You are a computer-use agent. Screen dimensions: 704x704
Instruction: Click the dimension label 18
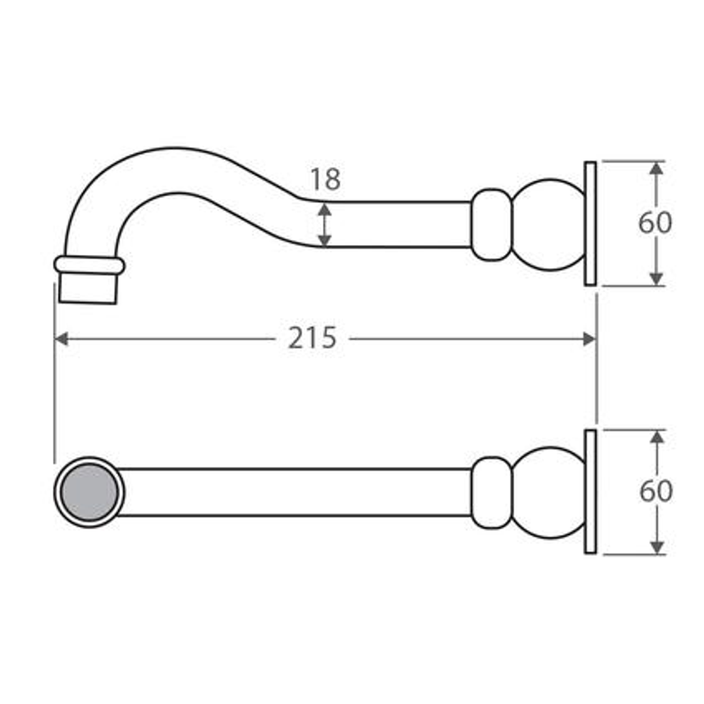click(325, 179)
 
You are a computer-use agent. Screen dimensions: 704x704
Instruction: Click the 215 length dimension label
click(312, 338)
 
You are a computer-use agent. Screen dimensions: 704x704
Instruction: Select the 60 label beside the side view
click(655, 222)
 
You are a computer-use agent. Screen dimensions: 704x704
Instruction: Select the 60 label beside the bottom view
click(656, 491)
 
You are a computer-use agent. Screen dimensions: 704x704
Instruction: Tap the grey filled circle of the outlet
click(89, 493)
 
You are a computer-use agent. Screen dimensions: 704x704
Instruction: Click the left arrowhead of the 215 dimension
click(61, 339)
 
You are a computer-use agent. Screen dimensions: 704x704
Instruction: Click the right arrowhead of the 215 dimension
click(589, 339)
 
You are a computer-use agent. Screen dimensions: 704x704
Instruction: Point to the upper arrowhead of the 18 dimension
click(324, 210)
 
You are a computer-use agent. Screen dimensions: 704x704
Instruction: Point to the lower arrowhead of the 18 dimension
click(324, 240)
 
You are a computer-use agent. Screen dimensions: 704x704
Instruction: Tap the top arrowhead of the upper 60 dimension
click(656, 168)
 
